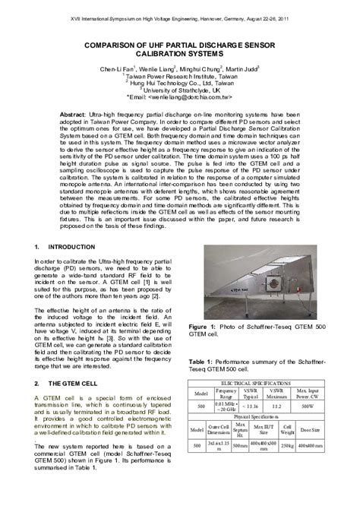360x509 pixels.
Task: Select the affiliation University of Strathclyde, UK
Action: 181,90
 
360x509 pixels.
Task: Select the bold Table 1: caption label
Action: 204,362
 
